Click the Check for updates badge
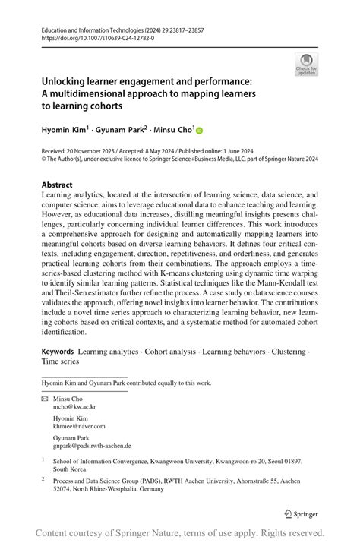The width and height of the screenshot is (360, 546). tap(306, 64)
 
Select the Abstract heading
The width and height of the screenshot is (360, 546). tap(57, 185)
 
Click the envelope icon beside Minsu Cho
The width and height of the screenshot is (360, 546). tap(44, 398)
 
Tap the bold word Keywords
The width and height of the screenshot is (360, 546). tap(57, 352)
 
